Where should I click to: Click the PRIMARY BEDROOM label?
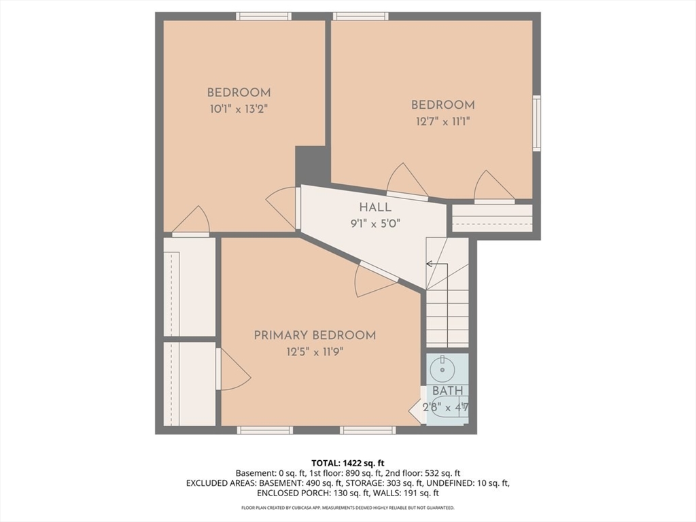pos(315,335)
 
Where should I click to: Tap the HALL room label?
pos(375,207)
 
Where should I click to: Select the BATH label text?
pos(447,391)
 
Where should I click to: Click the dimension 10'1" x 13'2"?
pos(239,109)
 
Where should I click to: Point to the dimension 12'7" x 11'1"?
pos(443,121)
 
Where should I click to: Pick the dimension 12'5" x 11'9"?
pos(315,353)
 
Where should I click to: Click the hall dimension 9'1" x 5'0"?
pos(375,224)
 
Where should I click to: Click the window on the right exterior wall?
pos(537,123)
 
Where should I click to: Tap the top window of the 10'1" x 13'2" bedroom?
pos(264,16)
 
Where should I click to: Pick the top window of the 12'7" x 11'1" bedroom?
pos(360,16)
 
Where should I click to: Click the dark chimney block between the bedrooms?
pos(313,165)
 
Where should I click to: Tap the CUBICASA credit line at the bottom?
pos(347,507)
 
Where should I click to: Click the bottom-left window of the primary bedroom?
pos(264,430)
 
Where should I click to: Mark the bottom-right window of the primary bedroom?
pos(368,430)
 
